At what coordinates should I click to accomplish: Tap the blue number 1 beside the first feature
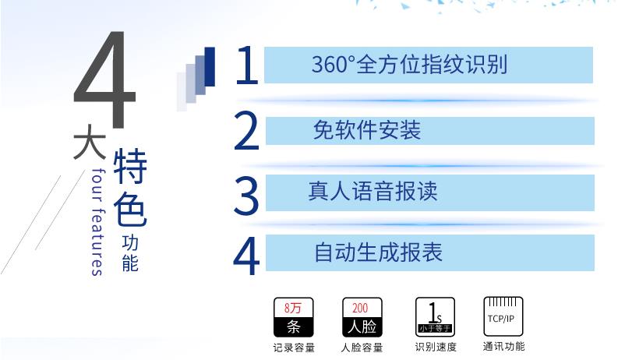(247, 65)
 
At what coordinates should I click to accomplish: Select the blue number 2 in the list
(247, 131)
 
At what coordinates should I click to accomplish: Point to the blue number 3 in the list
(246, 195)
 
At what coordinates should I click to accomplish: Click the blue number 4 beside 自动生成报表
(246, 256)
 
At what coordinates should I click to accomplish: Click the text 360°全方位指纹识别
(409, 65)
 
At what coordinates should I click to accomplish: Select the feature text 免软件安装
(367, 130)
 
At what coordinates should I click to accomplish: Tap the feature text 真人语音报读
(373, 192)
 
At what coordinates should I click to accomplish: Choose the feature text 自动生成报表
(378, 252)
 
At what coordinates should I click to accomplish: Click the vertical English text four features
(97, 222)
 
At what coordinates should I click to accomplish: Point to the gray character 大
(90, 142)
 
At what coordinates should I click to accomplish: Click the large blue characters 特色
(130, 188)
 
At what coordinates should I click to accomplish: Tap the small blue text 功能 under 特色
(130, 254)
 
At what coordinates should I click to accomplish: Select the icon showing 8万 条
(293, 317)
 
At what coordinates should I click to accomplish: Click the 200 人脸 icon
(362, 317)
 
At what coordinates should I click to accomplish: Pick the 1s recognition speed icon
(435, 316)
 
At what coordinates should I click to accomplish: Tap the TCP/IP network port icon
(503, 316)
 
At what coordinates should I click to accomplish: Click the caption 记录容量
(294, 348)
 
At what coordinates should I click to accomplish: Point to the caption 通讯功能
(503, 347)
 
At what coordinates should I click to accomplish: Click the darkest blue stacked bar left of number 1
(210, 66)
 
